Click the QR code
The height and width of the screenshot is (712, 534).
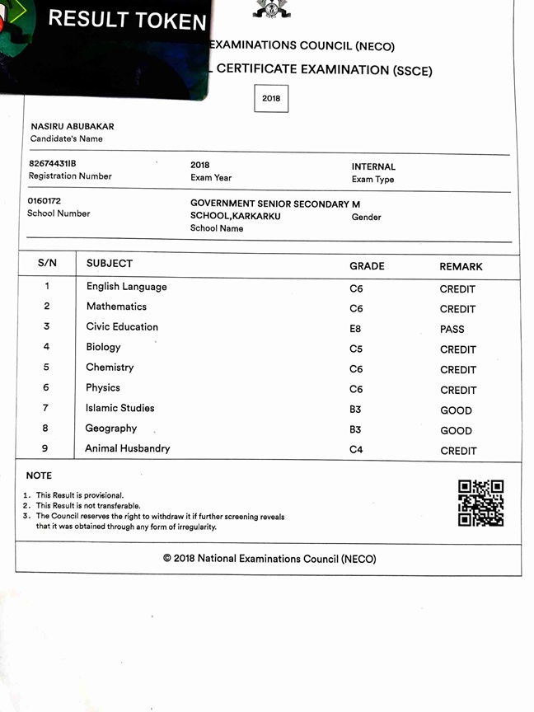[480, 503]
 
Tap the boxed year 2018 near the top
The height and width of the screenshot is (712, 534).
[271, 98]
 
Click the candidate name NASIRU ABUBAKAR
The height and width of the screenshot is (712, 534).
[73, 126]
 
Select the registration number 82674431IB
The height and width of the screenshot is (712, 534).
[53, 163]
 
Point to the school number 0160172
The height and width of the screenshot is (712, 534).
[44, 200]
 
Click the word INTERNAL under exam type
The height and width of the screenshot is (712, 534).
[373, 166]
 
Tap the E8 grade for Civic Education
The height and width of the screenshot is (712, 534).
[355, 329]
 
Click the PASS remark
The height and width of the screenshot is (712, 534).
[452, 329]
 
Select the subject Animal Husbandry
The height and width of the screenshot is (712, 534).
[127, 448]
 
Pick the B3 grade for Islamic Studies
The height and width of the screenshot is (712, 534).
[355, 410]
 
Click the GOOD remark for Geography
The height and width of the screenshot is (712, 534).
[456, 430]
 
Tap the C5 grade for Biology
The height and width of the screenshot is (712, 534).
[356, 349]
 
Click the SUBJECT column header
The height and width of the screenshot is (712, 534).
[110, 264]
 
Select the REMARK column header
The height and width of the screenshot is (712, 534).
[461, 267]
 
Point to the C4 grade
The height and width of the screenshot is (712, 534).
[356, 450]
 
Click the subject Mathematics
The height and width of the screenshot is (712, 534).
[116, 307]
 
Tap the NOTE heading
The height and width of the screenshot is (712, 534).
[39, 475]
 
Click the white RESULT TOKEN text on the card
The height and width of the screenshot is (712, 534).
[127, 19]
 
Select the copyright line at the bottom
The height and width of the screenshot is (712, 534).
[269, 559]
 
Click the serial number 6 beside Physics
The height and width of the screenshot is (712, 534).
[46, 387]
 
